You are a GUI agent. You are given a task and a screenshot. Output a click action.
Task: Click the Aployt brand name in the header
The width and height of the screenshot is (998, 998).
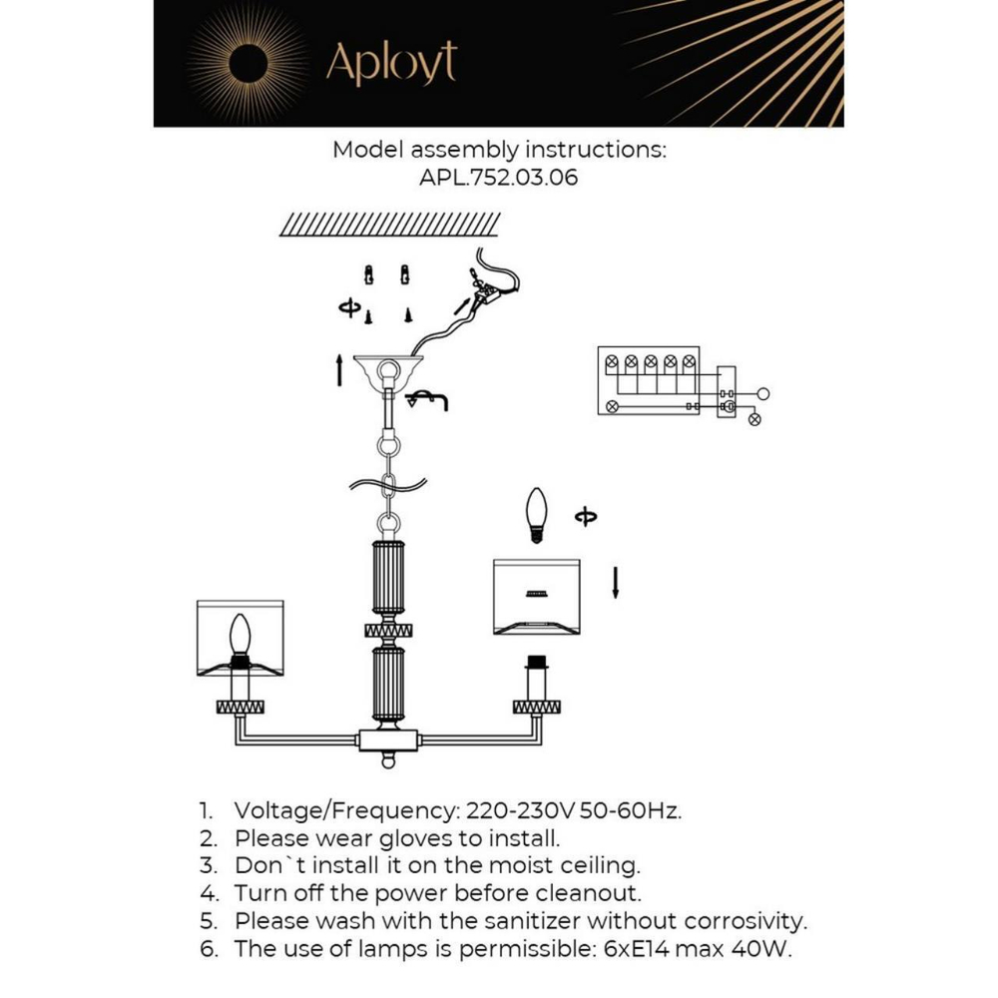tap(391, 63)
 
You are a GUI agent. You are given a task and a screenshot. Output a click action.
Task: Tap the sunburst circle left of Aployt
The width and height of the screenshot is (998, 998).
tap(248, 63)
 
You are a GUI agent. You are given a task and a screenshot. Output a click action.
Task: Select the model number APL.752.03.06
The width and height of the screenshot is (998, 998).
tap(498, 178)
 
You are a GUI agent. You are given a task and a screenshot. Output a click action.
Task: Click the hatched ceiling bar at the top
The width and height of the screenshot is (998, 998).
tap(390, 225)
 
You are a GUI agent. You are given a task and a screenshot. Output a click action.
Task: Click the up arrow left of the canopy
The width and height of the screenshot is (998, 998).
tap(340, 370)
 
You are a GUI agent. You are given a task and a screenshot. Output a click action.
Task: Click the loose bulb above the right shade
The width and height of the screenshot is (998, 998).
tap(537, 514)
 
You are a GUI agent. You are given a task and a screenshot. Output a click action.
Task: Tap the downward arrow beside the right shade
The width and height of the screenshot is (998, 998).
tap(616, 582)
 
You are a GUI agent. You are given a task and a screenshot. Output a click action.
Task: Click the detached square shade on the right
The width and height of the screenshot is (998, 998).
tap(536, 596)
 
